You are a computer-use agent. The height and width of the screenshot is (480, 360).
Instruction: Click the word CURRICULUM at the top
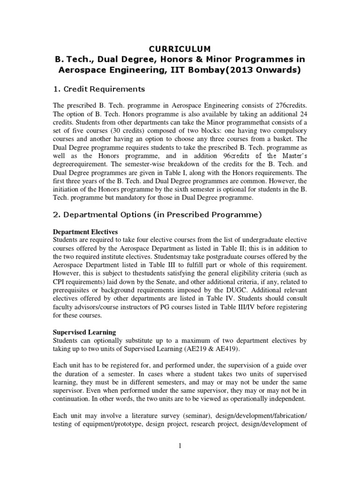point(180,48)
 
